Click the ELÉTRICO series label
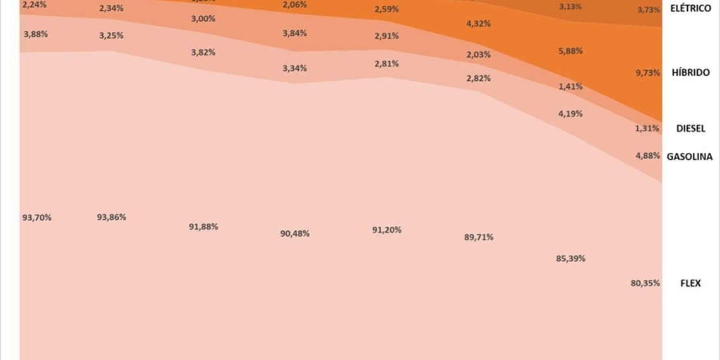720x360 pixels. [x=690, y=9]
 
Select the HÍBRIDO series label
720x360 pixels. [x=690, y=73]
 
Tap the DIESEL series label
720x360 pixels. [x=690, y=128]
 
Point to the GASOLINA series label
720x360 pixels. [x=690, y=157]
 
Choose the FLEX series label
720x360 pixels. [x=690, y=283]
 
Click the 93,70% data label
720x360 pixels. [x=37, y=217]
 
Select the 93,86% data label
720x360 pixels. [x=111, y=217]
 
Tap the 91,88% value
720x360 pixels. [x=203, y=226]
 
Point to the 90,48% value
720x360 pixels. [x=295, y=233]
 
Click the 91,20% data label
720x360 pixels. [x=387, y=230]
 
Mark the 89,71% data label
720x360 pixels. [x=479, y=237]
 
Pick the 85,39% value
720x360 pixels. [x=570, y=258]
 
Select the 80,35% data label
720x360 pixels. [x=645, y=283]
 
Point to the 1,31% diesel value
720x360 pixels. [x=647, y=128]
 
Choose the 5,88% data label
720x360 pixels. [x=570, y=51]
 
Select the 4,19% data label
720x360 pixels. [x=570, y=114]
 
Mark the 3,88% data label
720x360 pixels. [x=35, y=34]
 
